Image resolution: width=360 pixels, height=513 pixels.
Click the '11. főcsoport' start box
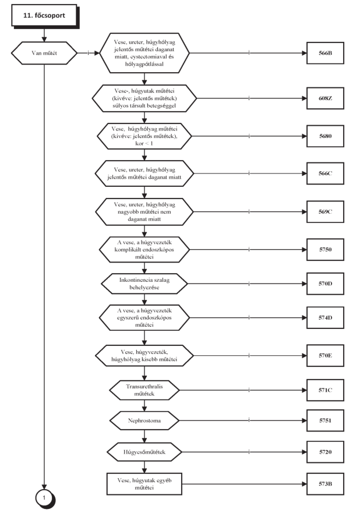point(45,16)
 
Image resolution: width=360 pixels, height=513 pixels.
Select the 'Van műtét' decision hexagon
point(44,53)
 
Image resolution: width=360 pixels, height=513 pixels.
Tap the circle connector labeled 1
point(45,498)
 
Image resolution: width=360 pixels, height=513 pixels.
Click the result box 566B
point(325,53)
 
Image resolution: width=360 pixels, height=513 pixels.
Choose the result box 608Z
point(325,98)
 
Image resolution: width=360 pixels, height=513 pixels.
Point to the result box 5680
point(325,136)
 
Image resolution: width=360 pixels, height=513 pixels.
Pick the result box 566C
point(325,174)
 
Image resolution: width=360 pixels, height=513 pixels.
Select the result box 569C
point(325,212)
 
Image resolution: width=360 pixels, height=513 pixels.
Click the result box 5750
point(325,250)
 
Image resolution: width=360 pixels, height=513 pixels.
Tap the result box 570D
point(325,284)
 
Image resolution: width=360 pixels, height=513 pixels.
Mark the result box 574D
point(325,318)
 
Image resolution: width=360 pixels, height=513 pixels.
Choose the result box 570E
point(325,356)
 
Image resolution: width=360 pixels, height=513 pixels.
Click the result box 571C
point(325,390)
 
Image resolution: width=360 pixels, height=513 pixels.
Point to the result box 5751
point(325,421)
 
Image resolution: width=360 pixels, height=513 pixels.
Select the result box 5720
point(325,452)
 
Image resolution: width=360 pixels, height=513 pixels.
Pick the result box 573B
point(325,484)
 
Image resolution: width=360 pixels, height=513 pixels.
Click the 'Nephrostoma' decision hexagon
point(144,421)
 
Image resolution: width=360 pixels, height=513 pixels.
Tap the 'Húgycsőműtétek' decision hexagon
point(144,452)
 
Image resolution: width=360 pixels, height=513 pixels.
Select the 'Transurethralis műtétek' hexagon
point(144,390)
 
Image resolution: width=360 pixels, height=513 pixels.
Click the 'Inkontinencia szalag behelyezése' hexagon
point(144,284)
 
